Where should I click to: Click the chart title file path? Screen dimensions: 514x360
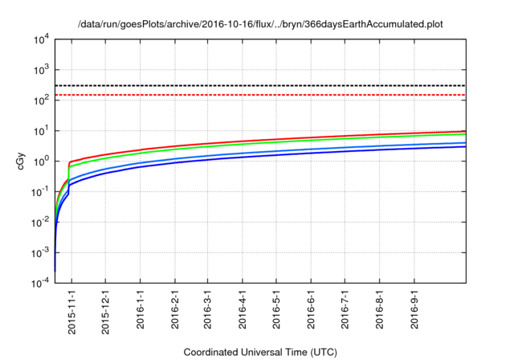pos(260,24)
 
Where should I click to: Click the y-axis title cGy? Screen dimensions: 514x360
pos(20,162)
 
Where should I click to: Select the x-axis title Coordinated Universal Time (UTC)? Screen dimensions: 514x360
pos(260,352)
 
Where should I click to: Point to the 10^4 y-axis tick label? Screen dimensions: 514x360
pos(41,40)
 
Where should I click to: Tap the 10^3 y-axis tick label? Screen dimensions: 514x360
pos(41,70)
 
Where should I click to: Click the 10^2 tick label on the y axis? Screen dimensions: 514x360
pos(41,100)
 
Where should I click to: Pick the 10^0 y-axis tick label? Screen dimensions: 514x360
pos(41,162)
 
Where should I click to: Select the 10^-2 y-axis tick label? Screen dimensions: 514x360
pos(40,223)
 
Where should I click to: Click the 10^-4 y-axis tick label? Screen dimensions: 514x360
pos(40,283)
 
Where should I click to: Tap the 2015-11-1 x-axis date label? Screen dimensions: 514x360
pos(71,312)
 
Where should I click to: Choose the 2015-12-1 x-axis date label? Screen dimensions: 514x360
pos(105,312)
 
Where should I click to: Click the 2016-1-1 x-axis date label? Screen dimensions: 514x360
pos(141,309)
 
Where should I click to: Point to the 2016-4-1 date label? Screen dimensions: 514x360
pos(243,309)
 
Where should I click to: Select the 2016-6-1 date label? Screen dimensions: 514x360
pos(311,309)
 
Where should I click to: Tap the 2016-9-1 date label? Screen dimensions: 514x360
pos(414,309)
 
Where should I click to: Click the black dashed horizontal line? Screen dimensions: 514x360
pos(260,85)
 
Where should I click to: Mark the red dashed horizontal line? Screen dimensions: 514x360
pos(260,95)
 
